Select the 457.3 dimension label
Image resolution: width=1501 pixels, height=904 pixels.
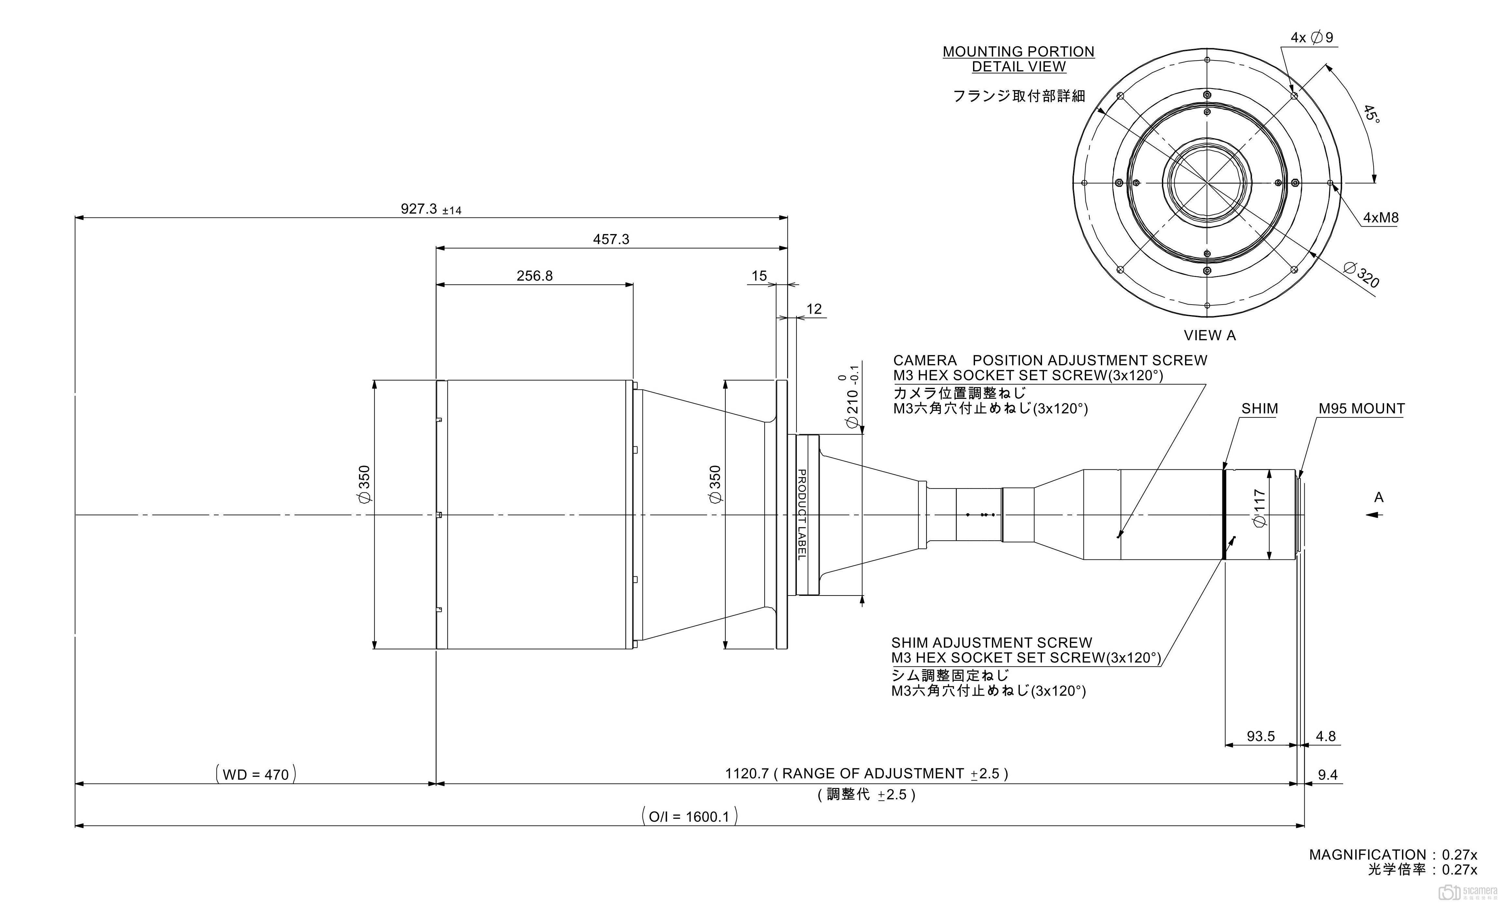click(x=611, y=239)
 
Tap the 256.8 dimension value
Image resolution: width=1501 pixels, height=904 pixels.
click(x=534, y=276)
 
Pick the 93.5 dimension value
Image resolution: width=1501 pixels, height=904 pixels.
click(x=1260, y=736)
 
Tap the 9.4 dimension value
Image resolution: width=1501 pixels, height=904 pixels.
click(x=1327, y=775)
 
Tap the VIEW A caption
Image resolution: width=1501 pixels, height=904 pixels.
click(x=1209, y=335)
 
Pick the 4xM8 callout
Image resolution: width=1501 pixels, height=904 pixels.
click(x=1380, y=217)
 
